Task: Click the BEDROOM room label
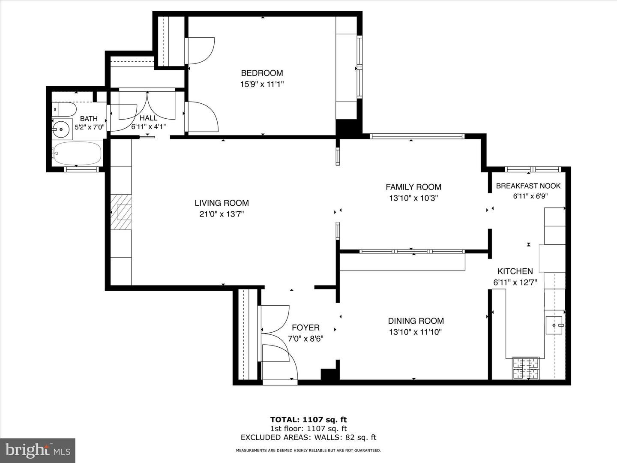point(262,73)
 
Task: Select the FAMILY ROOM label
point(413,187)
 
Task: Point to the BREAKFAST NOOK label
point(528,186)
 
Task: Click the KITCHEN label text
point(515,271)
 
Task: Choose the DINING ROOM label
point(416,321)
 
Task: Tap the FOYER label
point(306,328)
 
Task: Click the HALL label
point(148,118)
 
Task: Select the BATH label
point(89,119)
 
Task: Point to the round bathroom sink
point(63,128)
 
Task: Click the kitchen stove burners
point(526,368)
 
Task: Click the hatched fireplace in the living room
point(121,212)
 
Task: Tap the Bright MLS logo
point(38,450)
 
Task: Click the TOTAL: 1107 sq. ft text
point(308,420)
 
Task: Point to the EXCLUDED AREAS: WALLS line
point(308,438)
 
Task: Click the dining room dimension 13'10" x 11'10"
point(415,332)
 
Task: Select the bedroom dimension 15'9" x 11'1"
point(262,84)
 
